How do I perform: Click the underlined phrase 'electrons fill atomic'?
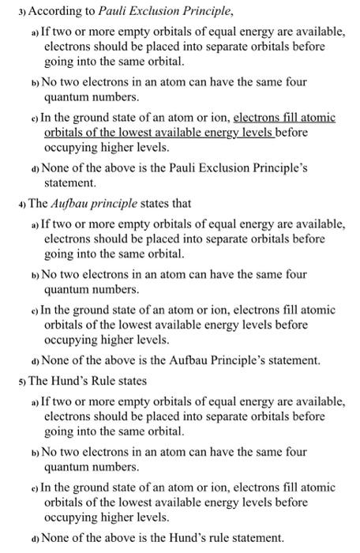(x=285, y=118)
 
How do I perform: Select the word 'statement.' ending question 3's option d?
(x=70, y=182)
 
